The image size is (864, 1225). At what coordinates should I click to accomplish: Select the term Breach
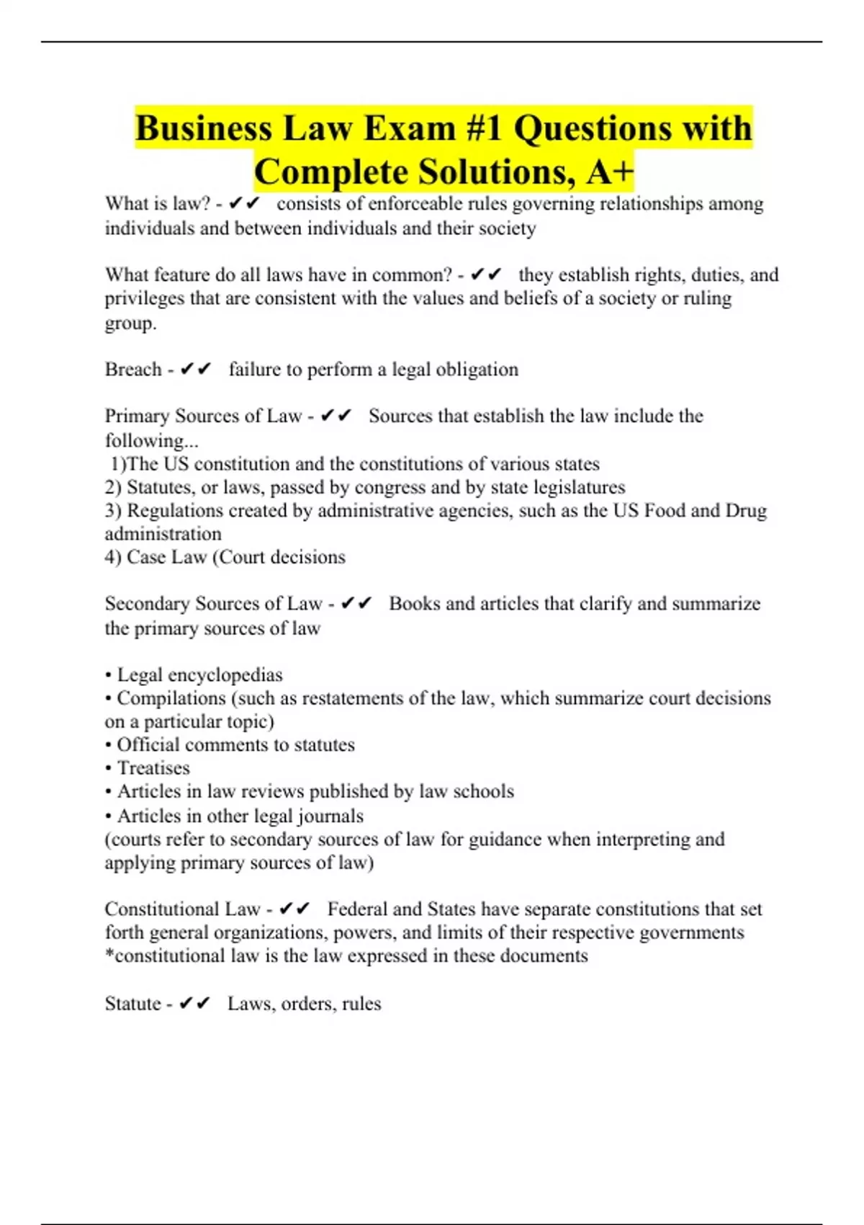click(x=133, y=370)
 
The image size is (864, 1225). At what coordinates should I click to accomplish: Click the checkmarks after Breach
click(x=195, y=370)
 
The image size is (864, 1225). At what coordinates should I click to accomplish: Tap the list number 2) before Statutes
click(x=113, y=487)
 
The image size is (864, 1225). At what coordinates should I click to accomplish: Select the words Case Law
click(x=166, y=557)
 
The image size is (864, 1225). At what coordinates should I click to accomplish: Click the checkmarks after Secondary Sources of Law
click(x=356, y=604)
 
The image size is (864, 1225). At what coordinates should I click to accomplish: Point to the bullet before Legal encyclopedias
click(x=109, y=676)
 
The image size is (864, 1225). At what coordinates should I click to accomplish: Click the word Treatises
click(x=153, y=768)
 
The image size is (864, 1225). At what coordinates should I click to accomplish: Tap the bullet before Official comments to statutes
click(x=109, y=745)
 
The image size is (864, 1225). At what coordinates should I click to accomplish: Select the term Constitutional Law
click(x=182, y=909)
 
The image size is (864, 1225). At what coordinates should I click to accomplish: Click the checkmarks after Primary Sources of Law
click(x=336, y=416)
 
